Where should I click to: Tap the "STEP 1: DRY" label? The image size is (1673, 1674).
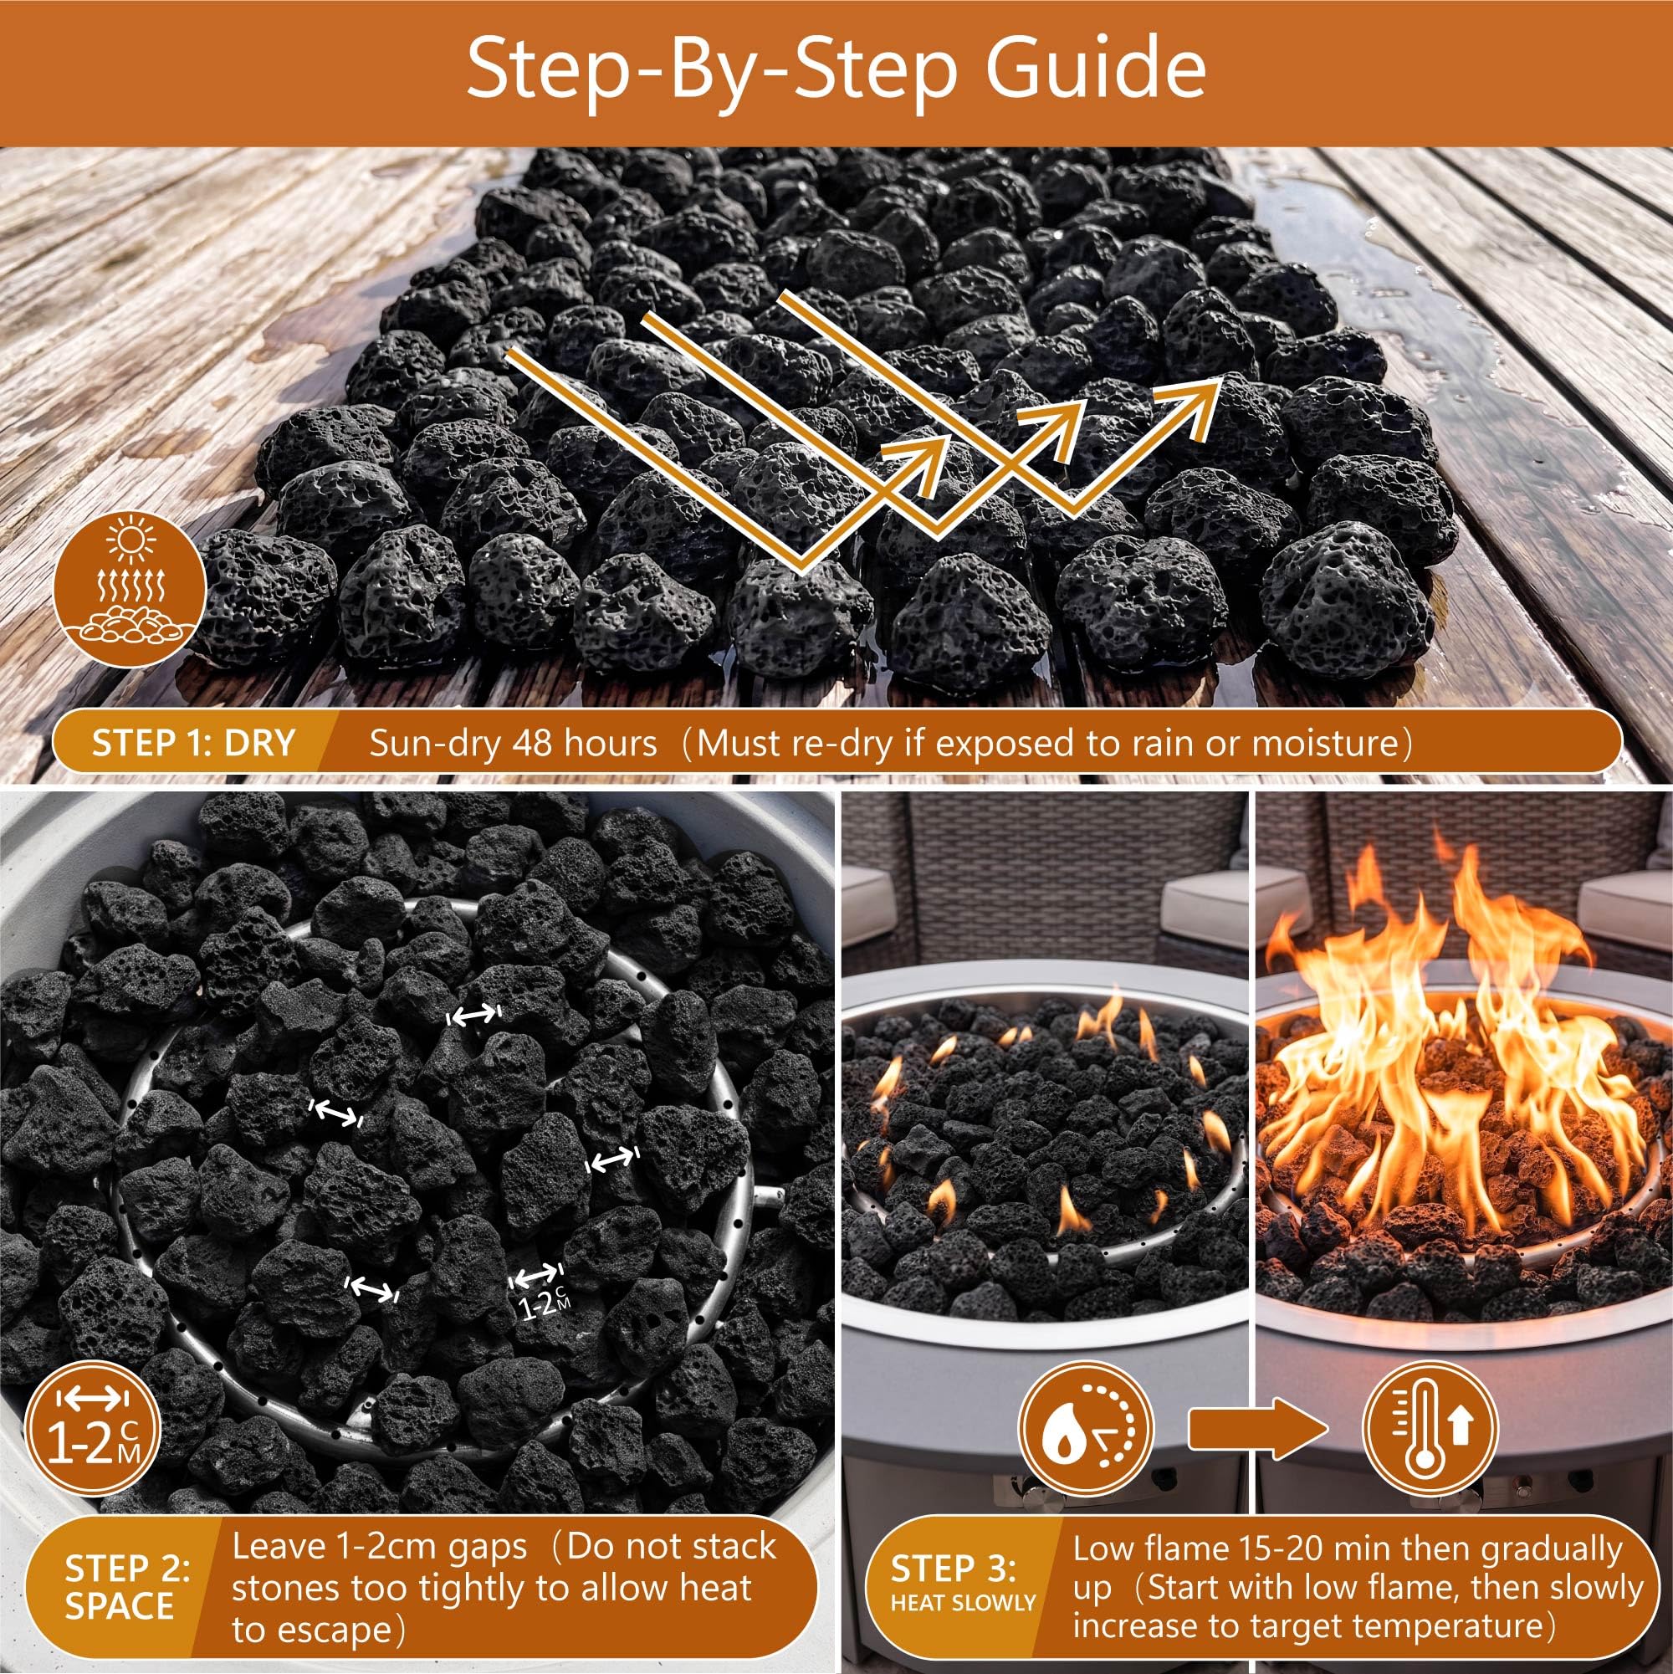(x=193, y=744)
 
